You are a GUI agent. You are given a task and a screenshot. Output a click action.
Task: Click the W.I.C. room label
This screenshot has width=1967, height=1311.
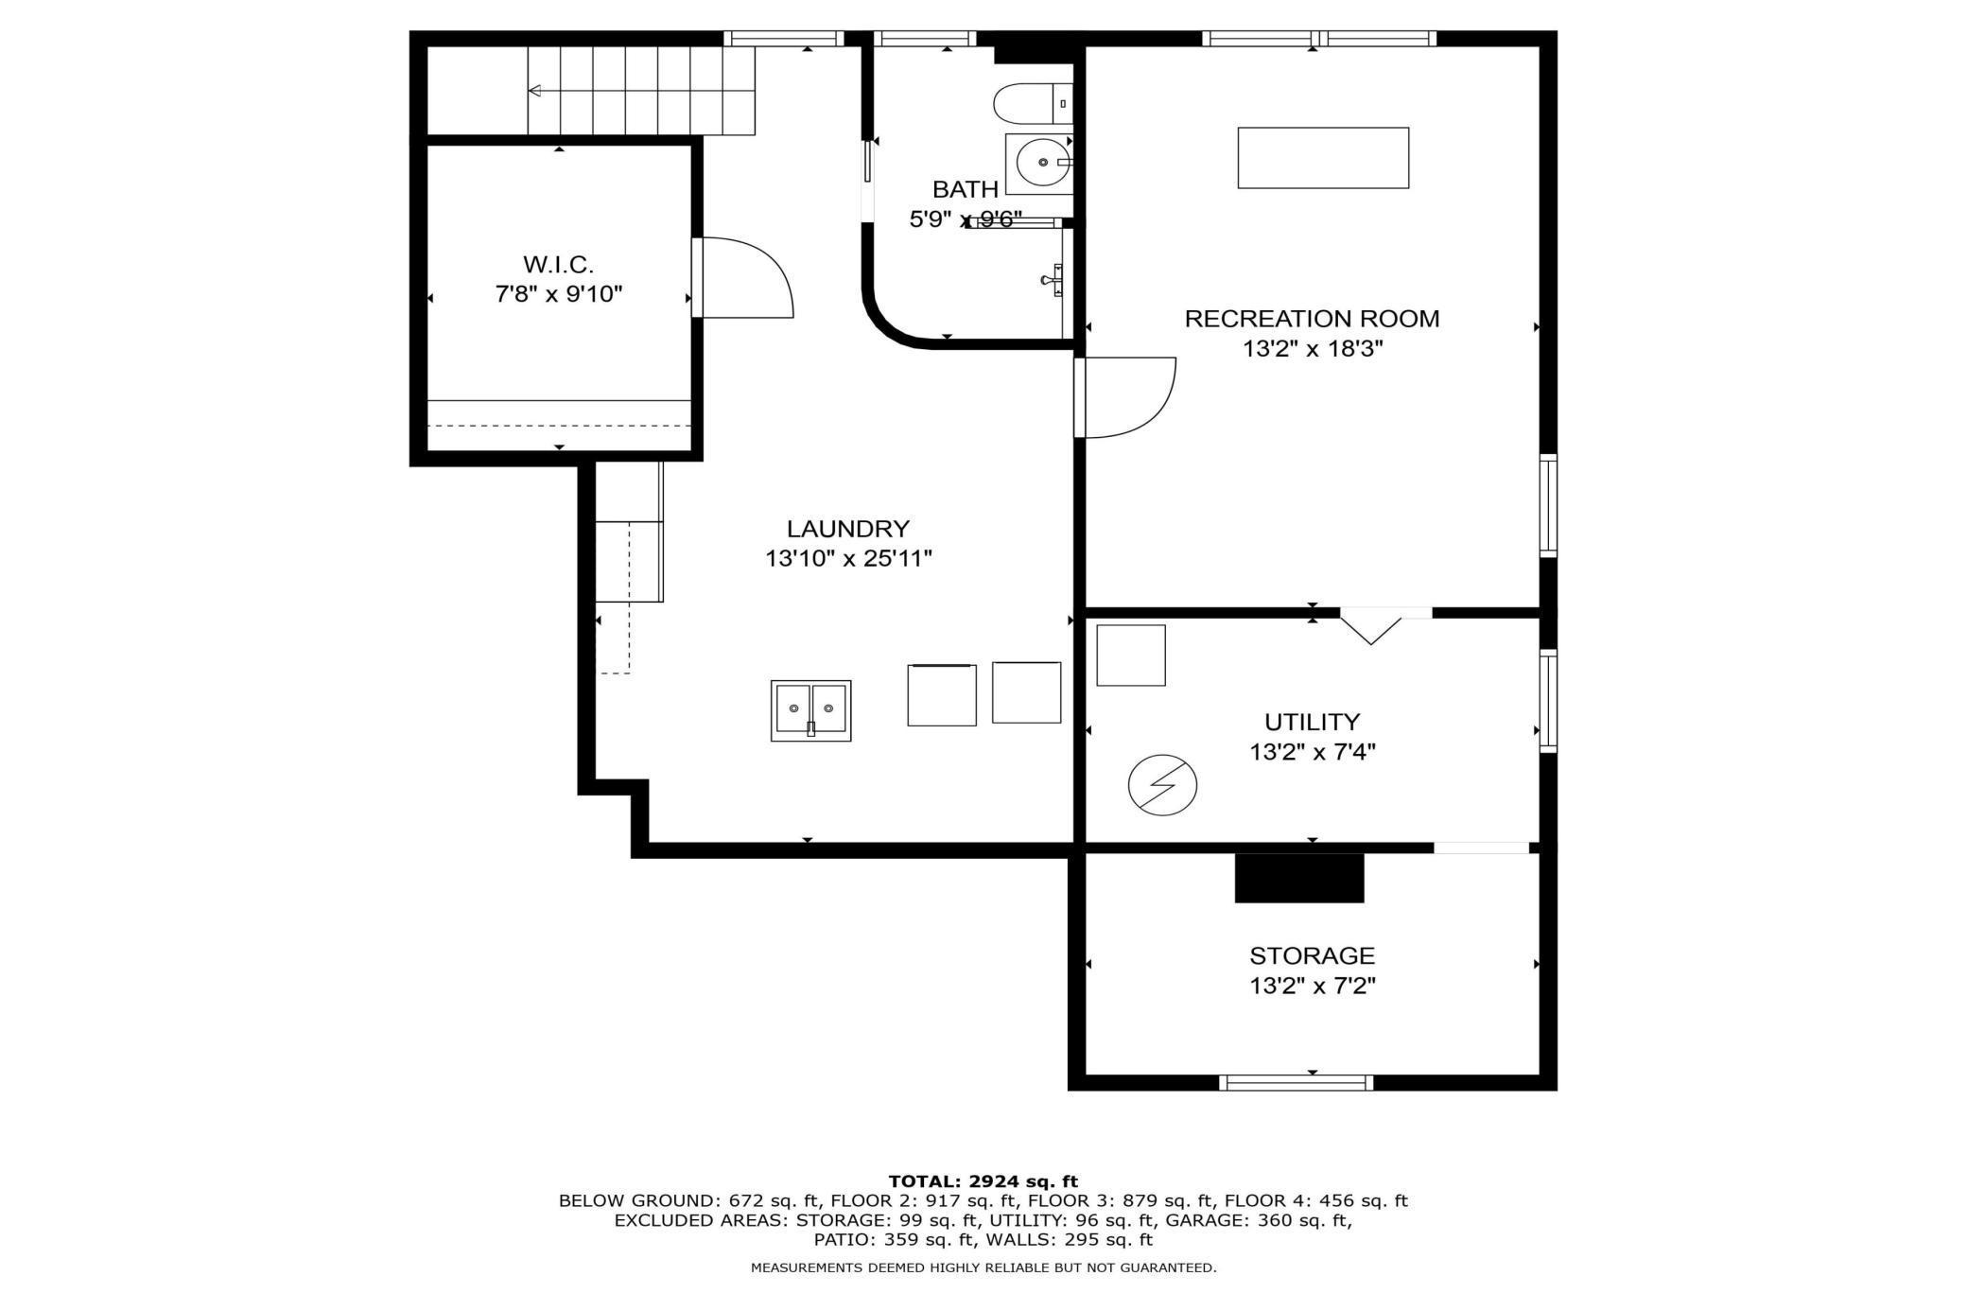tap(558, 264)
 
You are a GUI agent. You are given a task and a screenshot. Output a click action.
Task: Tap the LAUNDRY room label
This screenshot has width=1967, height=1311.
tap(848, 528)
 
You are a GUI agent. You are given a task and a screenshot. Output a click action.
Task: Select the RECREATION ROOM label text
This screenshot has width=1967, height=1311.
tap(1313, 319)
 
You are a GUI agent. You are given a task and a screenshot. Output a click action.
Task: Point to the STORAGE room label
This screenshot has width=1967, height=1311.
tap(1313, 955)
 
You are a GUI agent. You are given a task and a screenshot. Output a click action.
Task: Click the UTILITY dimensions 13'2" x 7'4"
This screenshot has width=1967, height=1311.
tap(1313, 752)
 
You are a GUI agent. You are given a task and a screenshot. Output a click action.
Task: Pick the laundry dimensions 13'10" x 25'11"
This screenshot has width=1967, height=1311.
tap(848, 558)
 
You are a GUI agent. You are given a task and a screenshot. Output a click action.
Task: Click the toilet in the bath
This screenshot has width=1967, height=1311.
tap(1033, 103)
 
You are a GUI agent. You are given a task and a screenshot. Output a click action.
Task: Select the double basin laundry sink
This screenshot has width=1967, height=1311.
tap(810, 710)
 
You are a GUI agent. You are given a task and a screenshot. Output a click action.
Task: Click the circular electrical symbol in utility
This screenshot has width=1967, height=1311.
tap(1162, 785)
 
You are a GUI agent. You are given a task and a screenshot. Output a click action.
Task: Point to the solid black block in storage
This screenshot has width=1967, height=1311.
tap(1299, 878)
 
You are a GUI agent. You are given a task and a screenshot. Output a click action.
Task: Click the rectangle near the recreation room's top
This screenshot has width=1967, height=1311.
tap(1323, 158)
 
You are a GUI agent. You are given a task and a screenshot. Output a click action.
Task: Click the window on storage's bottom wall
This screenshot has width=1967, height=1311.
tap(1296, 1083)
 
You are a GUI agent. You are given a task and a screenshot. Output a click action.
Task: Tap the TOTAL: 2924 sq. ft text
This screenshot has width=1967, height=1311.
tap(983, 1180)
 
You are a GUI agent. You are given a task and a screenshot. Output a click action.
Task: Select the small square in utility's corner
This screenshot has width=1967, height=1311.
tap(1131, 655)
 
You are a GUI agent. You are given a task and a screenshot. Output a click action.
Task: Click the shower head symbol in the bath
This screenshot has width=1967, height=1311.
tap(1052, 280)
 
